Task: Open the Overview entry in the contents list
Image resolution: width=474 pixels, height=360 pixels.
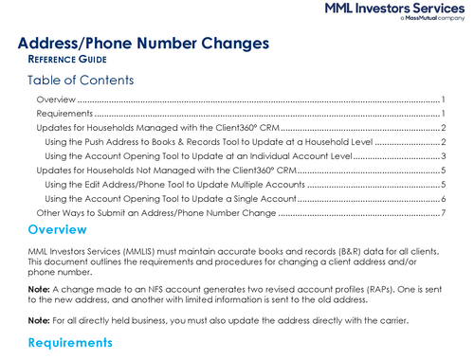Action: tap(56, 99)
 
